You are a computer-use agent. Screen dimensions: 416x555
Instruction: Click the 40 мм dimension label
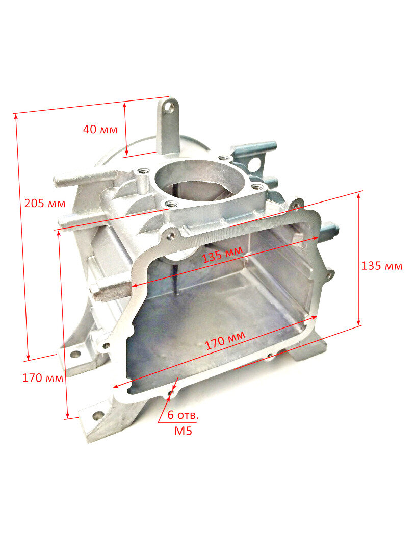[x=100, y=129]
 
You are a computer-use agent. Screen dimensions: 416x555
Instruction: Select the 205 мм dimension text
[x=45, y=203]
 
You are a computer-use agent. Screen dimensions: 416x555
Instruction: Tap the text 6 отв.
[x=183, y=415]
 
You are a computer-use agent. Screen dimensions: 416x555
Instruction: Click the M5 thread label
[x=183, y=431]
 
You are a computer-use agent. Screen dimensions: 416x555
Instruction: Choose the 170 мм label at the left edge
[x=43, y=378]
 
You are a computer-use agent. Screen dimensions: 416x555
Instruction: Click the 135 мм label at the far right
[x=382, y=266]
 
